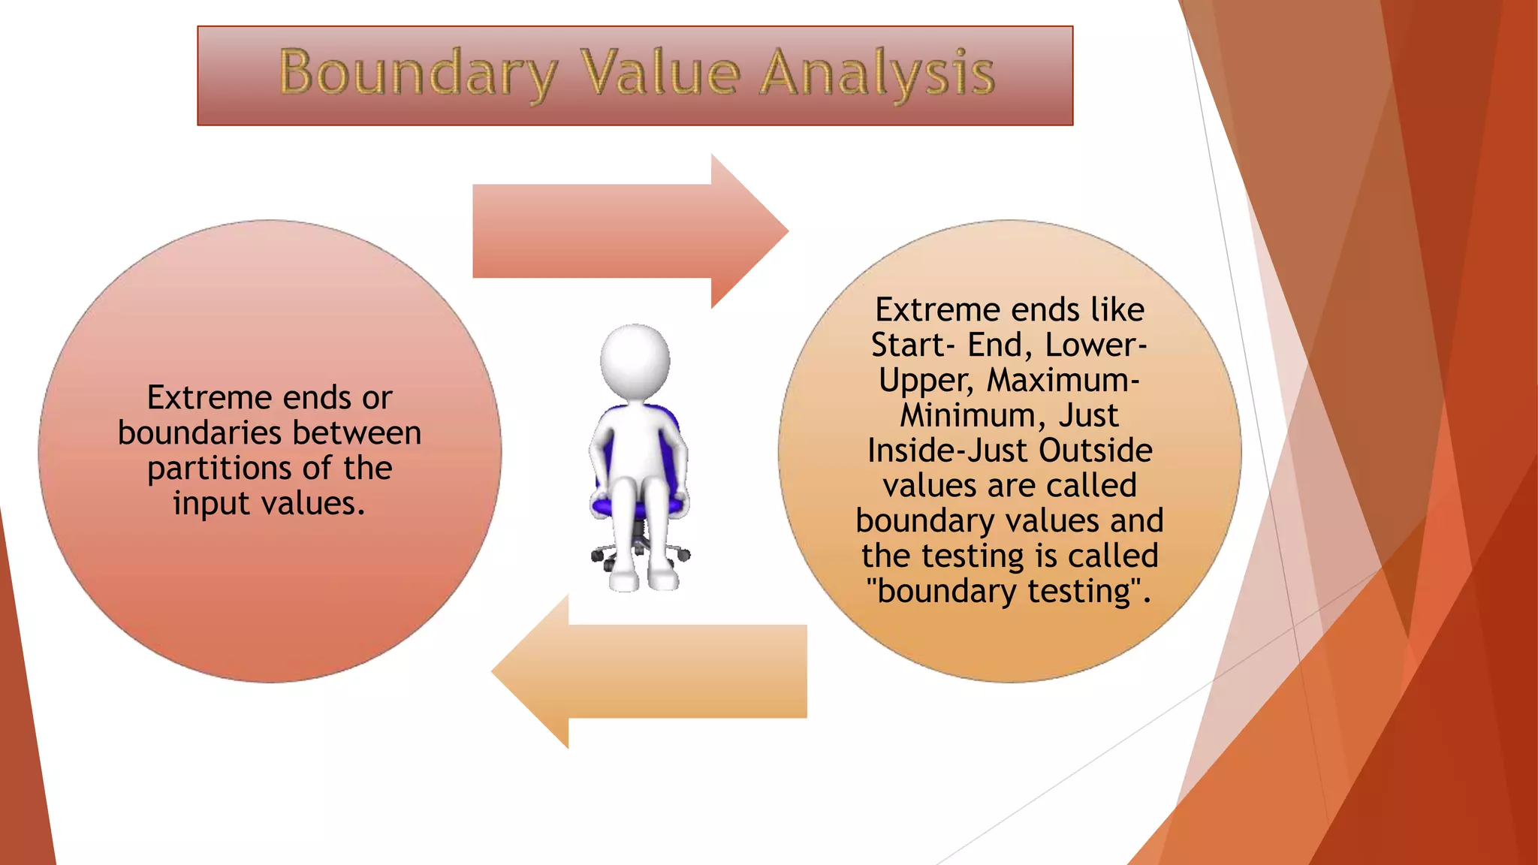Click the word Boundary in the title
pyautogui.click(x=418, y=73)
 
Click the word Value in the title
pyautogui.click(x=662, y=73)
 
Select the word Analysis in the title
pyautogui.click(x=876, y=73)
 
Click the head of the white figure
pyautogui.click(x=635, y=360)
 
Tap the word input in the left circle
pyautogui.click(x=210, y=504)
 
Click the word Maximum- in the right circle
pyautogui.click(x=1063, y=380)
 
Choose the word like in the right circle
pyautogui.click(x=1117, y=309)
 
